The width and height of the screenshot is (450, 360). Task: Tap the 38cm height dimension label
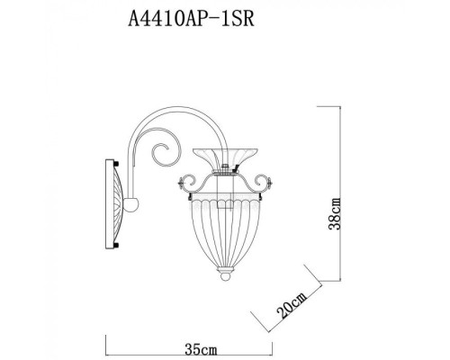[333, 215]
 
